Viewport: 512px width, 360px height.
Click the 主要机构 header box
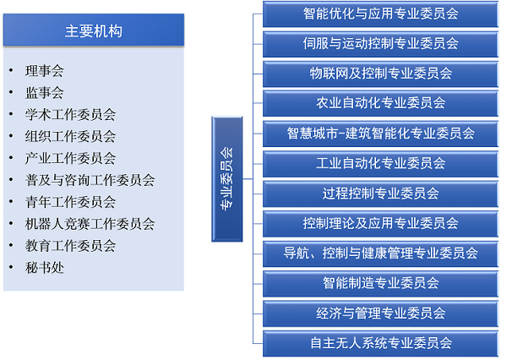94,30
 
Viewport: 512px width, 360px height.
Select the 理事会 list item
45,70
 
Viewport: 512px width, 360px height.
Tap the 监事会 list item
45,92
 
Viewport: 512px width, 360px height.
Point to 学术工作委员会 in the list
71,114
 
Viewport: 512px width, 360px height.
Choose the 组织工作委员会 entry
71,136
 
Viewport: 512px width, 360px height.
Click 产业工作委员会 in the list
71,158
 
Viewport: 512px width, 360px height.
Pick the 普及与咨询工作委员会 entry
90,180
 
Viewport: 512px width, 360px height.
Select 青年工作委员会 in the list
71,202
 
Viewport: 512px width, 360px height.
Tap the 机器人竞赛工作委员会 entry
90,224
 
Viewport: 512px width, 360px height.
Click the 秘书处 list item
45,268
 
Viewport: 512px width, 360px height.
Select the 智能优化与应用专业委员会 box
380,14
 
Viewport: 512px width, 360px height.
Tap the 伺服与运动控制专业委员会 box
380,44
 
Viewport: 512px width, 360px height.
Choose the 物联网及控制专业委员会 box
380,74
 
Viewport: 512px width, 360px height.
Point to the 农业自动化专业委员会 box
380,103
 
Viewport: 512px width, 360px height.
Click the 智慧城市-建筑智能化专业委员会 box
380,134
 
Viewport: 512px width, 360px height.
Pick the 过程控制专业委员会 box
380,194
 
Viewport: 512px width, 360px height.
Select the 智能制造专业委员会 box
380,283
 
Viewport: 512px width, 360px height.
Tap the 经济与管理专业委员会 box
380,314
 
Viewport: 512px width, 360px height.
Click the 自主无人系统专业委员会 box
380,343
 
